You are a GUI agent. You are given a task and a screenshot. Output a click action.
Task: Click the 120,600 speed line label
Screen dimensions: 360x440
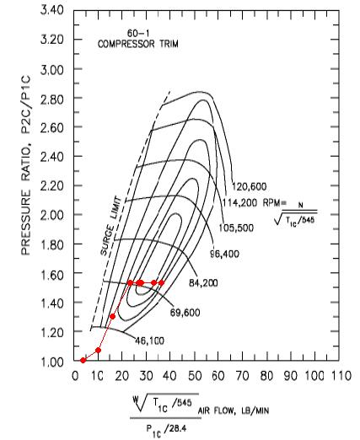point(249,186)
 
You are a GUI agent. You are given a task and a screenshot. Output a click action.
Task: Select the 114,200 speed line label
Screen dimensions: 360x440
point(239,202)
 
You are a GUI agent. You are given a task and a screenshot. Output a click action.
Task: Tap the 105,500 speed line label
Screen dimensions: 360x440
point(236,228)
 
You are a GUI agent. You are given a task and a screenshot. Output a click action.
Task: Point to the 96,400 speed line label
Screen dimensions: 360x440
point(225,254)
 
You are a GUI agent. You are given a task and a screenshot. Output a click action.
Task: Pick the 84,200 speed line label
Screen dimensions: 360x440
point(203,282)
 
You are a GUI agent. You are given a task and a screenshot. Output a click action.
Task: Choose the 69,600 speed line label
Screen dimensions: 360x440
point(185,313)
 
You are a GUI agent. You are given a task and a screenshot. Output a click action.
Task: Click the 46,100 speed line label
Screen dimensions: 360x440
point(149,341)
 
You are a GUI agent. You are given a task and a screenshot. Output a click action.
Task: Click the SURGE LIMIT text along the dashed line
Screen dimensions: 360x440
point(111,226)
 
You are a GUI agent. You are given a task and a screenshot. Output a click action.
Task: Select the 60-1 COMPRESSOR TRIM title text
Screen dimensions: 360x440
point(138,39)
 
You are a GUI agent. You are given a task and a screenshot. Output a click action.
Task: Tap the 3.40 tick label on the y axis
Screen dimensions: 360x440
point(52,10)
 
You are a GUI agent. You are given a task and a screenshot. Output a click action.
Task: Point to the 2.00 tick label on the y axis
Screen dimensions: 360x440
point(52,215)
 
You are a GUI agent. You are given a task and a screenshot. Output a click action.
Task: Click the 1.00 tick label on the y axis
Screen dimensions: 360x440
point(52,362)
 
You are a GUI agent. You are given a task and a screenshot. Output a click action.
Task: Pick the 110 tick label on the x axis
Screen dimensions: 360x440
point(341,376)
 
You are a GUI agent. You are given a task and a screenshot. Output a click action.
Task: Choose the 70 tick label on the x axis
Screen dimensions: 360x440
point(243,376)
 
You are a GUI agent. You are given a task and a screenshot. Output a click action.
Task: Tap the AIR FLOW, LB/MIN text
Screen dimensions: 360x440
point(234,410)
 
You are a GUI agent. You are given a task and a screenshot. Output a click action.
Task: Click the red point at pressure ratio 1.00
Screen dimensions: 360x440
point(83,360)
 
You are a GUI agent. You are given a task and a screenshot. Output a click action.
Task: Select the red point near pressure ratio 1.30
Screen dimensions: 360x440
point(112,317)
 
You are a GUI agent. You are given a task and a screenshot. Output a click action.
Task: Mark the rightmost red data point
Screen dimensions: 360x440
point(161,282)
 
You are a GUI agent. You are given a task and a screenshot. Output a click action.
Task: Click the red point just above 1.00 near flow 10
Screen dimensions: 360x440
point(98,351)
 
